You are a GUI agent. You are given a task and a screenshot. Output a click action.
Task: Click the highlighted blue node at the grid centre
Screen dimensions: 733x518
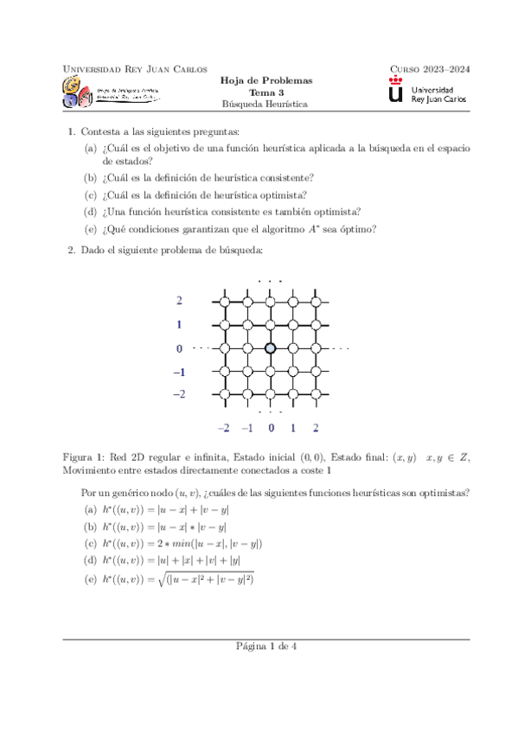coord(270,347)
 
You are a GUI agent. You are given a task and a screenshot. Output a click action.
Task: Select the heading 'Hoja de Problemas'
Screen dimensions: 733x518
coord(259,80)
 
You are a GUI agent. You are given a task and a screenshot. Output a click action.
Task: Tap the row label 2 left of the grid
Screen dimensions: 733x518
coord(179,301)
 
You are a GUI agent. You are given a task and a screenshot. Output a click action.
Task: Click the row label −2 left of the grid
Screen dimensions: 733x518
coord(178,394)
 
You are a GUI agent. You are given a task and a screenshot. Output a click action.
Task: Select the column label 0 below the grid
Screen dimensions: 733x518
coord(271,428)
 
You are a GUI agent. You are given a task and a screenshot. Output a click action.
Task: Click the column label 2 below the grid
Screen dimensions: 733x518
coord(316,428)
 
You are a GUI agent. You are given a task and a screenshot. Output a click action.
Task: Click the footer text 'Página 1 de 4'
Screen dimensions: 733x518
coord(259,647)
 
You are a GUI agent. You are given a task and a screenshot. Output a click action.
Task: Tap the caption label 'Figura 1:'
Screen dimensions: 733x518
coord(86,456)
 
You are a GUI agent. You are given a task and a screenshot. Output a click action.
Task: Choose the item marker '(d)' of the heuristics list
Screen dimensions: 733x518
coord(90,561)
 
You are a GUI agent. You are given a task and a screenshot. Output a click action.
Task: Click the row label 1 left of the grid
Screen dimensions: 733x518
coord(179,325)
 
